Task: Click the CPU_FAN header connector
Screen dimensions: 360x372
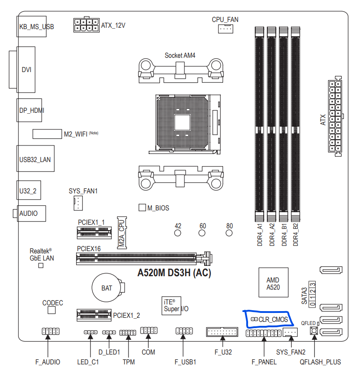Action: pyautogui.click(x=225, y=29)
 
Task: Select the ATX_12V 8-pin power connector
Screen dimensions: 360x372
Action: pyautogui.click(x=86, y=25)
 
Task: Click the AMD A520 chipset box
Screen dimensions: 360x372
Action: pyautogui.click(x=274, y=282)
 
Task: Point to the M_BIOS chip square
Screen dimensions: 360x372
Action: pyautogui.click(x=142, y=207)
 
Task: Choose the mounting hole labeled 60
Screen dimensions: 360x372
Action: pyautogui.click(x=202, y=233)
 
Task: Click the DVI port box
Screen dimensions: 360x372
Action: pyautogui.click(x=26, y=69)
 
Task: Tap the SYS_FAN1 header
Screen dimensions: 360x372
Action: pyautogui.click(x=78, y=203)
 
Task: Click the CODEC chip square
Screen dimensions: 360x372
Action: pyautogui.click(x=51, y=310)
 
